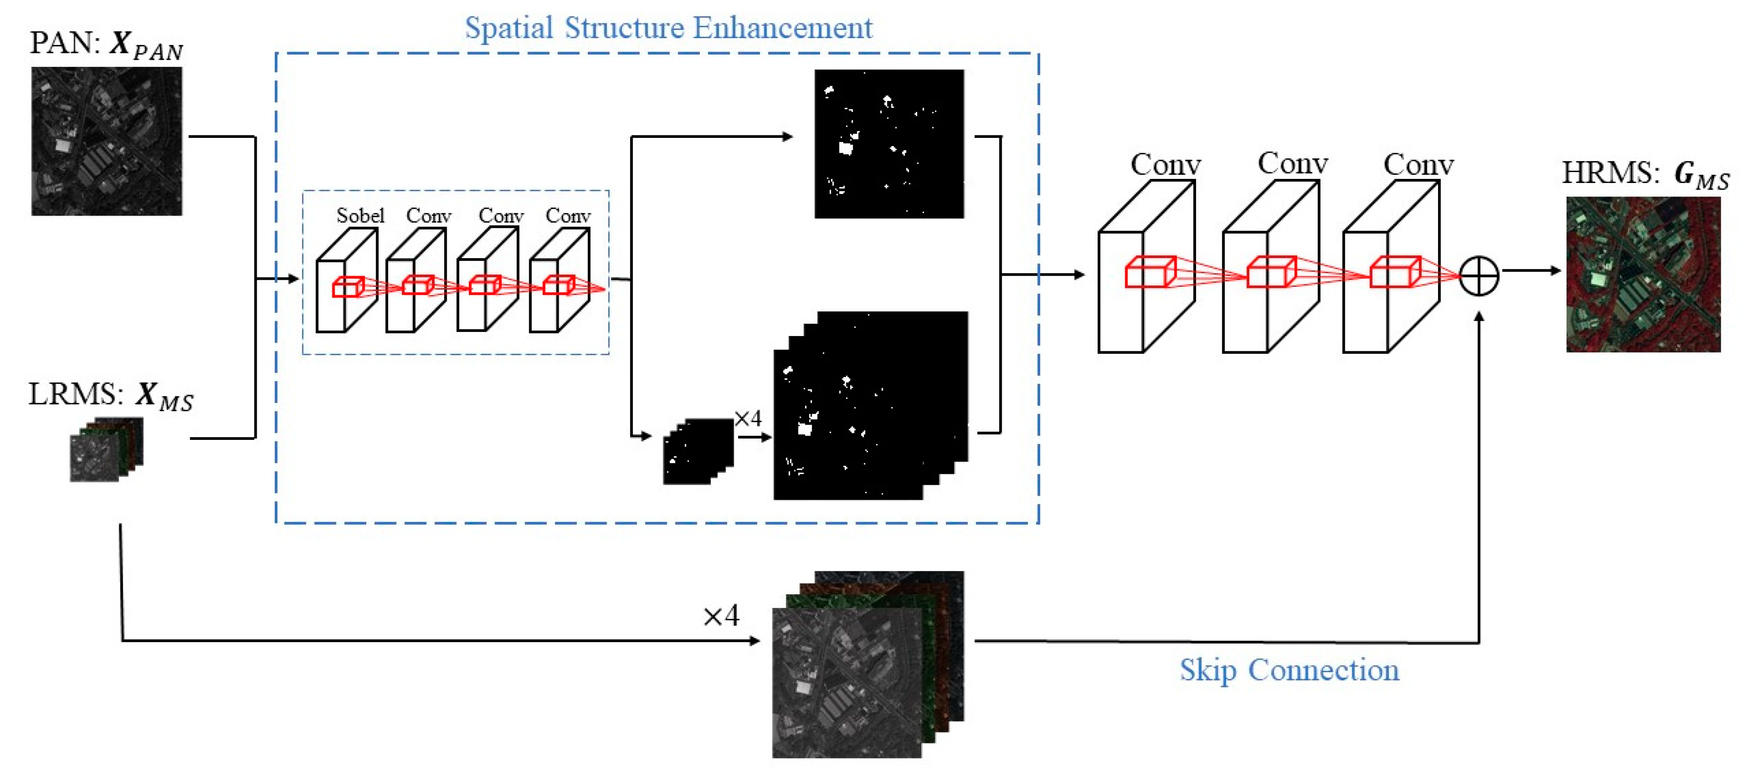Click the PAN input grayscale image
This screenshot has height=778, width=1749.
(107, 141)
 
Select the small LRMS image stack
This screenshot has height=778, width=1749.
(107, 450)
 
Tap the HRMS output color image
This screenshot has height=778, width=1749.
(1643, 275)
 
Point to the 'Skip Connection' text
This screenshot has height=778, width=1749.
(1289, 670)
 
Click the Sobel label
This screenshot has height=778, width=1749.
(360, 216)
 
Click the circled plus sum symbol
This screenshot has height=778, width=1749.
(1479, 276)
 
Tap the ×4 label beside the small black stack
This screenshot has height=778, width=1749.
(747, 419)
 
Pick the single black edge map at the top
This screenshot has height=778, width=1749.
(889, 144)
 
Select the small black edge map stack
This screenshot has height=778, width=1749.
(697, 452)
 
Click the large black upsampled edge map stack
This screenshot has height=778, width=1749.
(870, 406)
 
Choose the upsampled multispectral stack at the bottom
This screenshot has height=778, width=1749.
(867, 664)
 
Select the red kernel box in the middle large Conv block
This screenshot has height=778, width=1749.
(1271, 272)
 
